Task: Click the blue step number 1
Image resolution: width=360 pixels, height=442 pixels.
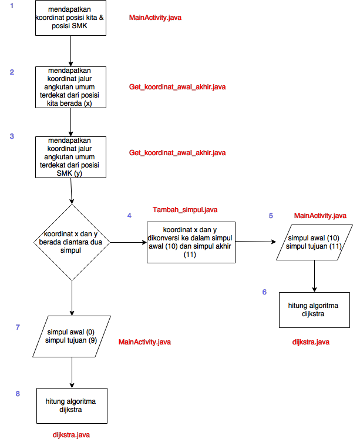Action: coord(12,5)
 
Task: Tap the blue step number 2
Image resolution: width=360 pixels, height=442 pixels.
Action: coord(12,72)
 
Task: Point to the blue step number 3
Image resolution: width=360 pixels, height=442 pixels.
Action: coord(12,136)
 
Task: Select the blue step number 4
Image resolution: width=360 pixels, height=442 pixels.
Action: coord(129,216)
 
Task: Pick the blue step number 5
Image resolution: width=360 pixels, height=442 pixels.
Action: coord(271,216)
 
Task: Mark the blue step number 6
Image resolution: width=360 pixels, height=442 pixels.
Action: coord(264,292)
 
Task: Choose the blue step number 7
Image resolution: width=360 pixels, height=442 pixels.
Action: coord(18,327)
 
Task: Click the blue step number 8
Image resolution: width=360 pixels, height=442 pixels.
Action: coord(18,393)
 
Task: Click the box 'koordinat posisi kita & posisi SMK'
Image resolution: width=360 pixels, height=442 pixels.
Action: coord(71,18)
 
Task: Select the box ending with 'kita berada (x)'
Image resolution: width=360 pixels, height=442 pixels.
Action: coord(71,87)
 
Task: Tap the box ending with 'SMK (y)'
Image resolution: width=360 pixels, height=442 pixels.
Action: coord(71,157)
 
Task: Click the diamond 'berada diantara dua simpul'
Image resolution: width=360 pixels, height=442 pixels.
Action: coord(71,242)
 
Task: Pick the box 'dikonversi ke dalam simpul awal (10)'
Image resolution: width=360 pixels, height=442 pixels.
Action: coord(190,242)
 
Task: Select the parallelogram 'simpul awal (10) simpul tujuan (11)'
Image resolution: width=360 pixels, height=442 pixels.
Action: coord(314,242)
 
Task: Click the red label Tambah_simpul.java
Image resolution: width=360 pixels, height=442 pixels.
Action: coord(185,210)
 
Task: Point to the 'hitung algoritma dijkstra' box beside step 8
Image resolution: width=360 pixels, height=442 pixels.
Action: coord(72,406)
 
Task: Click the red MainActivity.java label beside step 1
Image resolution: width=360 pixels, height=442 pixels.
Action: coord(155,18)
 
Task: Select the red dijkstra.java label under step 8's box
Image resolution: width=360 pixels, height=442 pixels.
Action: coord(71,434)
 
